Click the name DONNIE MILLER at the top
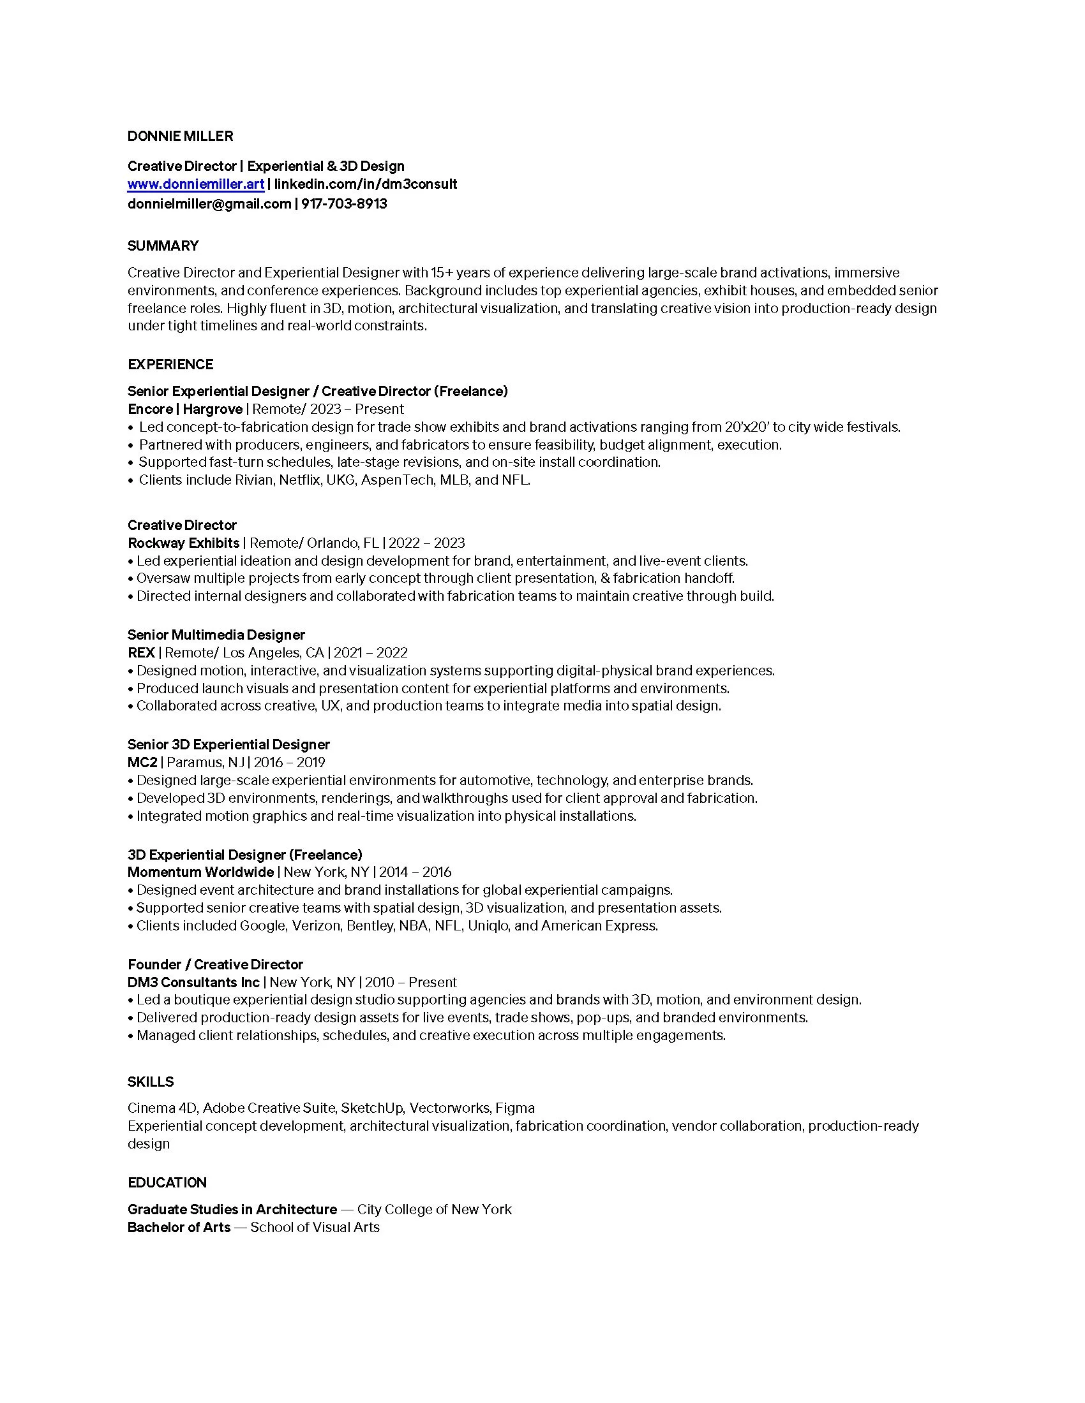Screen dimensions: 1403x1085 click(x=180, y=136)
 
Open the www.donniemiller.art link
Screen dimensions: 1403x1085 click(x=196, y=184)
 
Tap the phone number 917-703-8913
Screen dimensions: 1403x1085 click(x=344, y=204)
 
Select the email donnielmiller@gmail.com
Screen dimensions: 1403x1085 click(x=209, y=204)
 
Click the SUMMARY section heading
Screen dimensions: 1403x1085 click(x=163, y=246)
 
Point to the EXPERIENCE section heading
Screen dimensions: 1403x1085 click(x=170, y=365)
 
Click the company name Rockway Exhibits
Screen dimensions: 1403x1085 click(x=183, y=543)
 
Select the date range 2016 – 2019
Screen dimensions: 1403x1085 click(x=289, y=763)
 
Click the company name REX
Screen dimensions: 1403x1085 click(x=142, y=653)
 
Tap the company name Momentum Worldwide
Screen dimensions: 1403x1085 click(x=200, y=872)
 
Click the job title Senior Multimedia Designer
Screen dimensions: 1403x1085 click(x=216, y=635)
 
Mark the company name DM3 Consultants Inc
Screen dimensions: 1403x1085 click(x=193, y=983)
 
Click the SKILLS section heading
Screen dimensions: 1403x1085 click(x=151, y=1082)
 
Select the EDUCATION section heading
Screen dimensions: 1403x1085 click(x=167, y=1183)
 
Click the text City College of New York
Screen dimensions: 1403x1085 click(x=435, y=1210)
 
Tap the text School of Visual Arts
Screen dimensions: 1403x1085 click(x=315, y=1228)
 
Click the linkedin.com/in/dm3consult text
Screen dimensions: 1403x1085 click(x=366, y=184)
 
